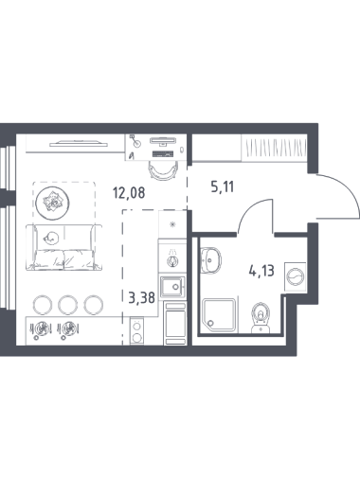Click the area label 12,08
(129, 193)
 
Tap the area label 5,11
(223, 187)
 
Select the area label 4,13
(261, 271)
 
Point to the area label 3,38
(142, 297)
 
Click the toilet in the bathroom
(261, 317)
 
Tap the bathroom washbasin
(210, 260)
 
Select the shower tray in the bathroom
(219, 315)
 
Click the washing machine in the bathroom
(296, 276)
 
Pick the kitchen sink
(172, 287)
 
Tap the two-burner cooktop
(136, 331)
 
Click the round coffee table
(52, 203)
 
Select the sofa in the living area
(64, 247)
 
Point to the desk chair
(163, 170)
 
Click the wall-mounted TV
(79, 145)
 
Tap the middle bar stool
(67, 305)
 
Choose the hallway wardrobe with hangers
(274, 148)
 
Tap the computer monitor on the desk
(162, 140)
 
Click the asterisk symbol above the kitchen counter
(172, 224)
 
